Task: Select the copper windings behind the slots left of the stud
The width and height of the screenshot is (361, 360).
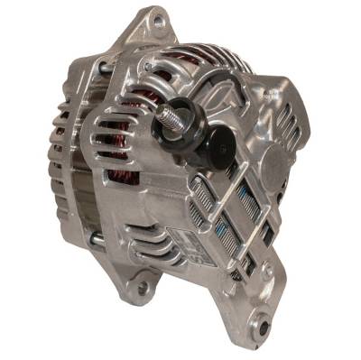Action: [126, 135]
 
